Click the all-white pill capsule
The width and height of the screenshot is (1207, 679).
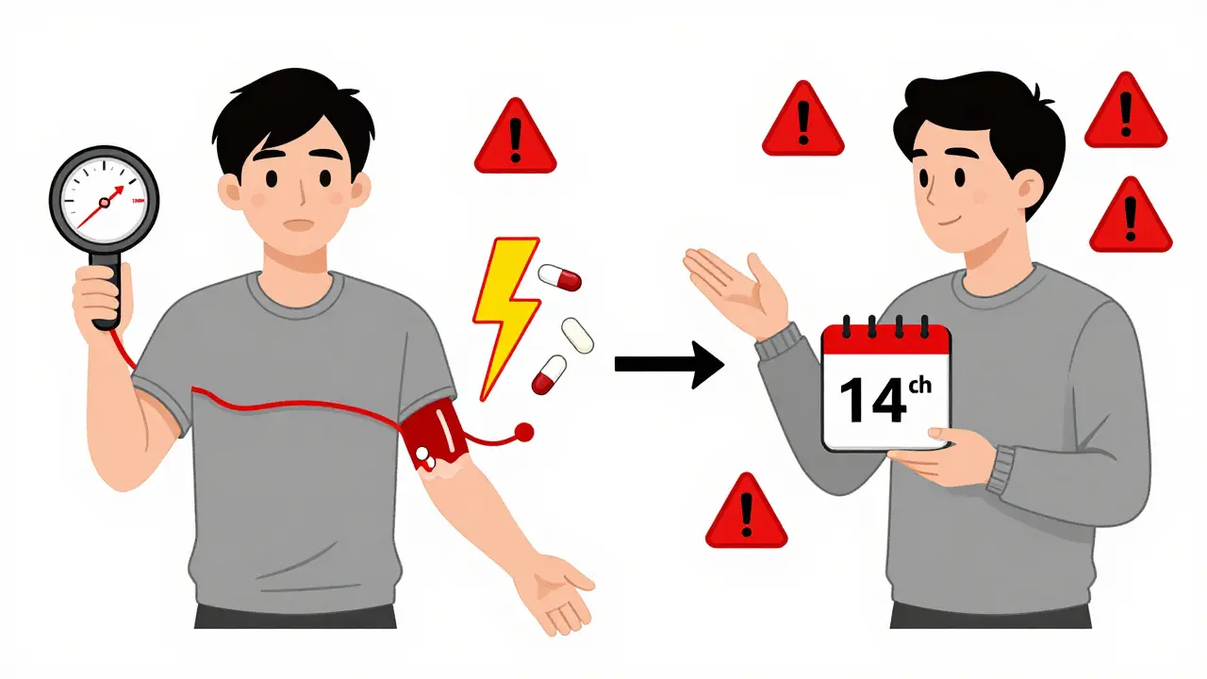(x=577, y=336)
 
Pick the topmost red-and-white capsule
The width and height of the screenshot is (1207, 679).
(x=560, y=277)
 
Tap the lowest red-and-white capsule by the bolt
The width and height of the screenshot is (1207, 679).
(x=549, y=374)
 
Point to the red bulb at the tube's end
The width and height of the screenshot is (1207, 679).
(x=524, y=431)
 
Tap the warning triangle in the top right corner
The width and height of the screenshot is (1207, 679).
(x=1125, y=113)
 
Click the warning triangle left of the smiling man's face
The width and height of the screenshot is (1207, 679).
(x=802, y=122)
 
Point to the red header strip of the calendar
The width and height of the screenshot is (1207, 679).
(x=885, y=341)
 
